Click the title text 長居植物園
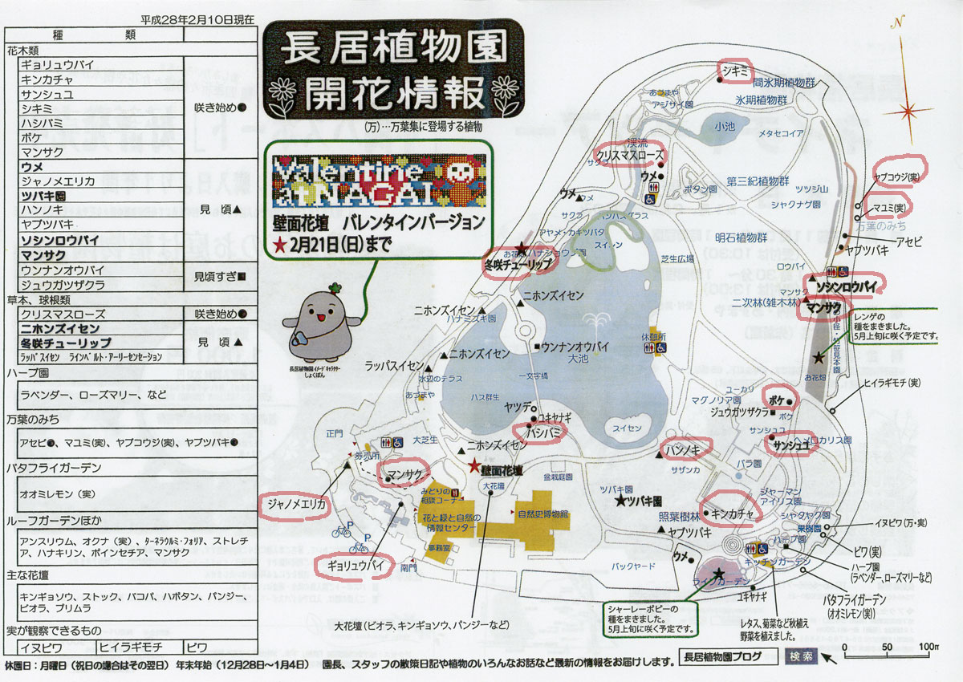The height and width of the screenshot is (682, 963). coord(393,51)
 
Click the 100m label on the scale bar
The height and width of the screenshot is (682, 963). coord(929,647)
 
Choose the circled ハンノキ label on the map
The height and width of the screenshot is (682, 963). coord(684,450)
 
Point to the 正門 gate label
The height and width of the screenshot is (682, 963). coord(335,433)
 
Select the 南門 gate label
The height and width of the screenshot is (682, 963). coord(409,567)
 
